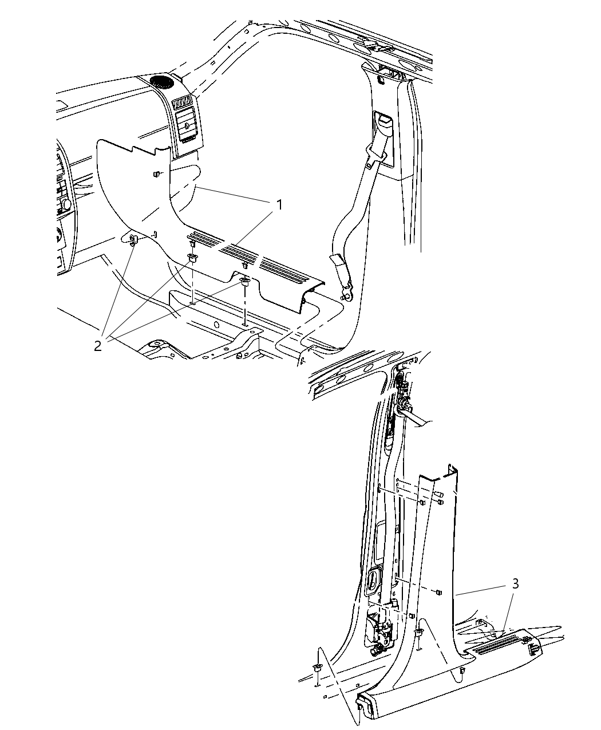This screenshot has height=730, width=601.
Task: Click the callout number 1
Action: coord(279,205)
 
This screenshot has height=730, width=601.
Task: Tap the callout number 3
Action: coord(515,583)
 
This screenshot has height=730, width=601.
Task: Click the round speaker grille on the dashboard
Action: coord(161,81)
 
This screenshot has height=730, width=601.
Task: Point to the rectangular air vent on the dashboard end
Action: coord(183,103)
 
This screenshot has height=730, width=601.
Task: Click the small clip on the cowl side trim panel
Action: coord(156,173)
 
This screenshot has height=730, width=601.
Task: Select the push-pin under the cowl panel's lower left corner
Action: coord(133,239)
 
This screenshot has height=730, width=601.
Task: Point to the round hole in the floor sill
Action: coord(217,325)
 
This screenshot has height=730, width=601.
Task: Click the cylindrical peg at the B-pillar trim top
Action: coord(440,494)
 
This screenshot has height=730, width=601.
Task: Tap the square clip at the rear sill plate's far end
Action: coord(533,649)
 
